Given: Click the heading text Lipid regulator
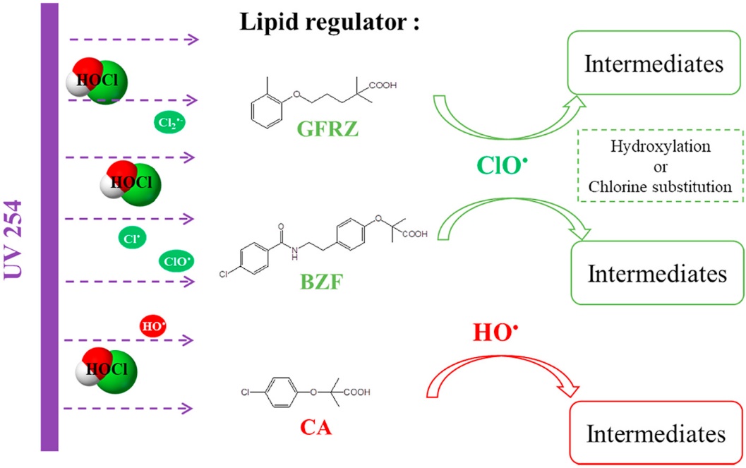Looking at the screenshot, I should pos(330,21).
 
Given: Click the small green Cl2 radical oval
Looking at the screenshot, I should pos(170,124).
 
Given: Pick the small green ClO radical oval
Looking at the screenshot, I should pos(176,261).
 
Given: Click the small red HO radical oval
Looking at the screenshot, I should pos(153,326).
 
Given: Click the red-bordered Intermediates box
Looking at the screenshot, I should pos(658,432).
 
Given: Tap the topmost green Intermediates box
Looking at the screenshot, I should pos(654,65).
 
